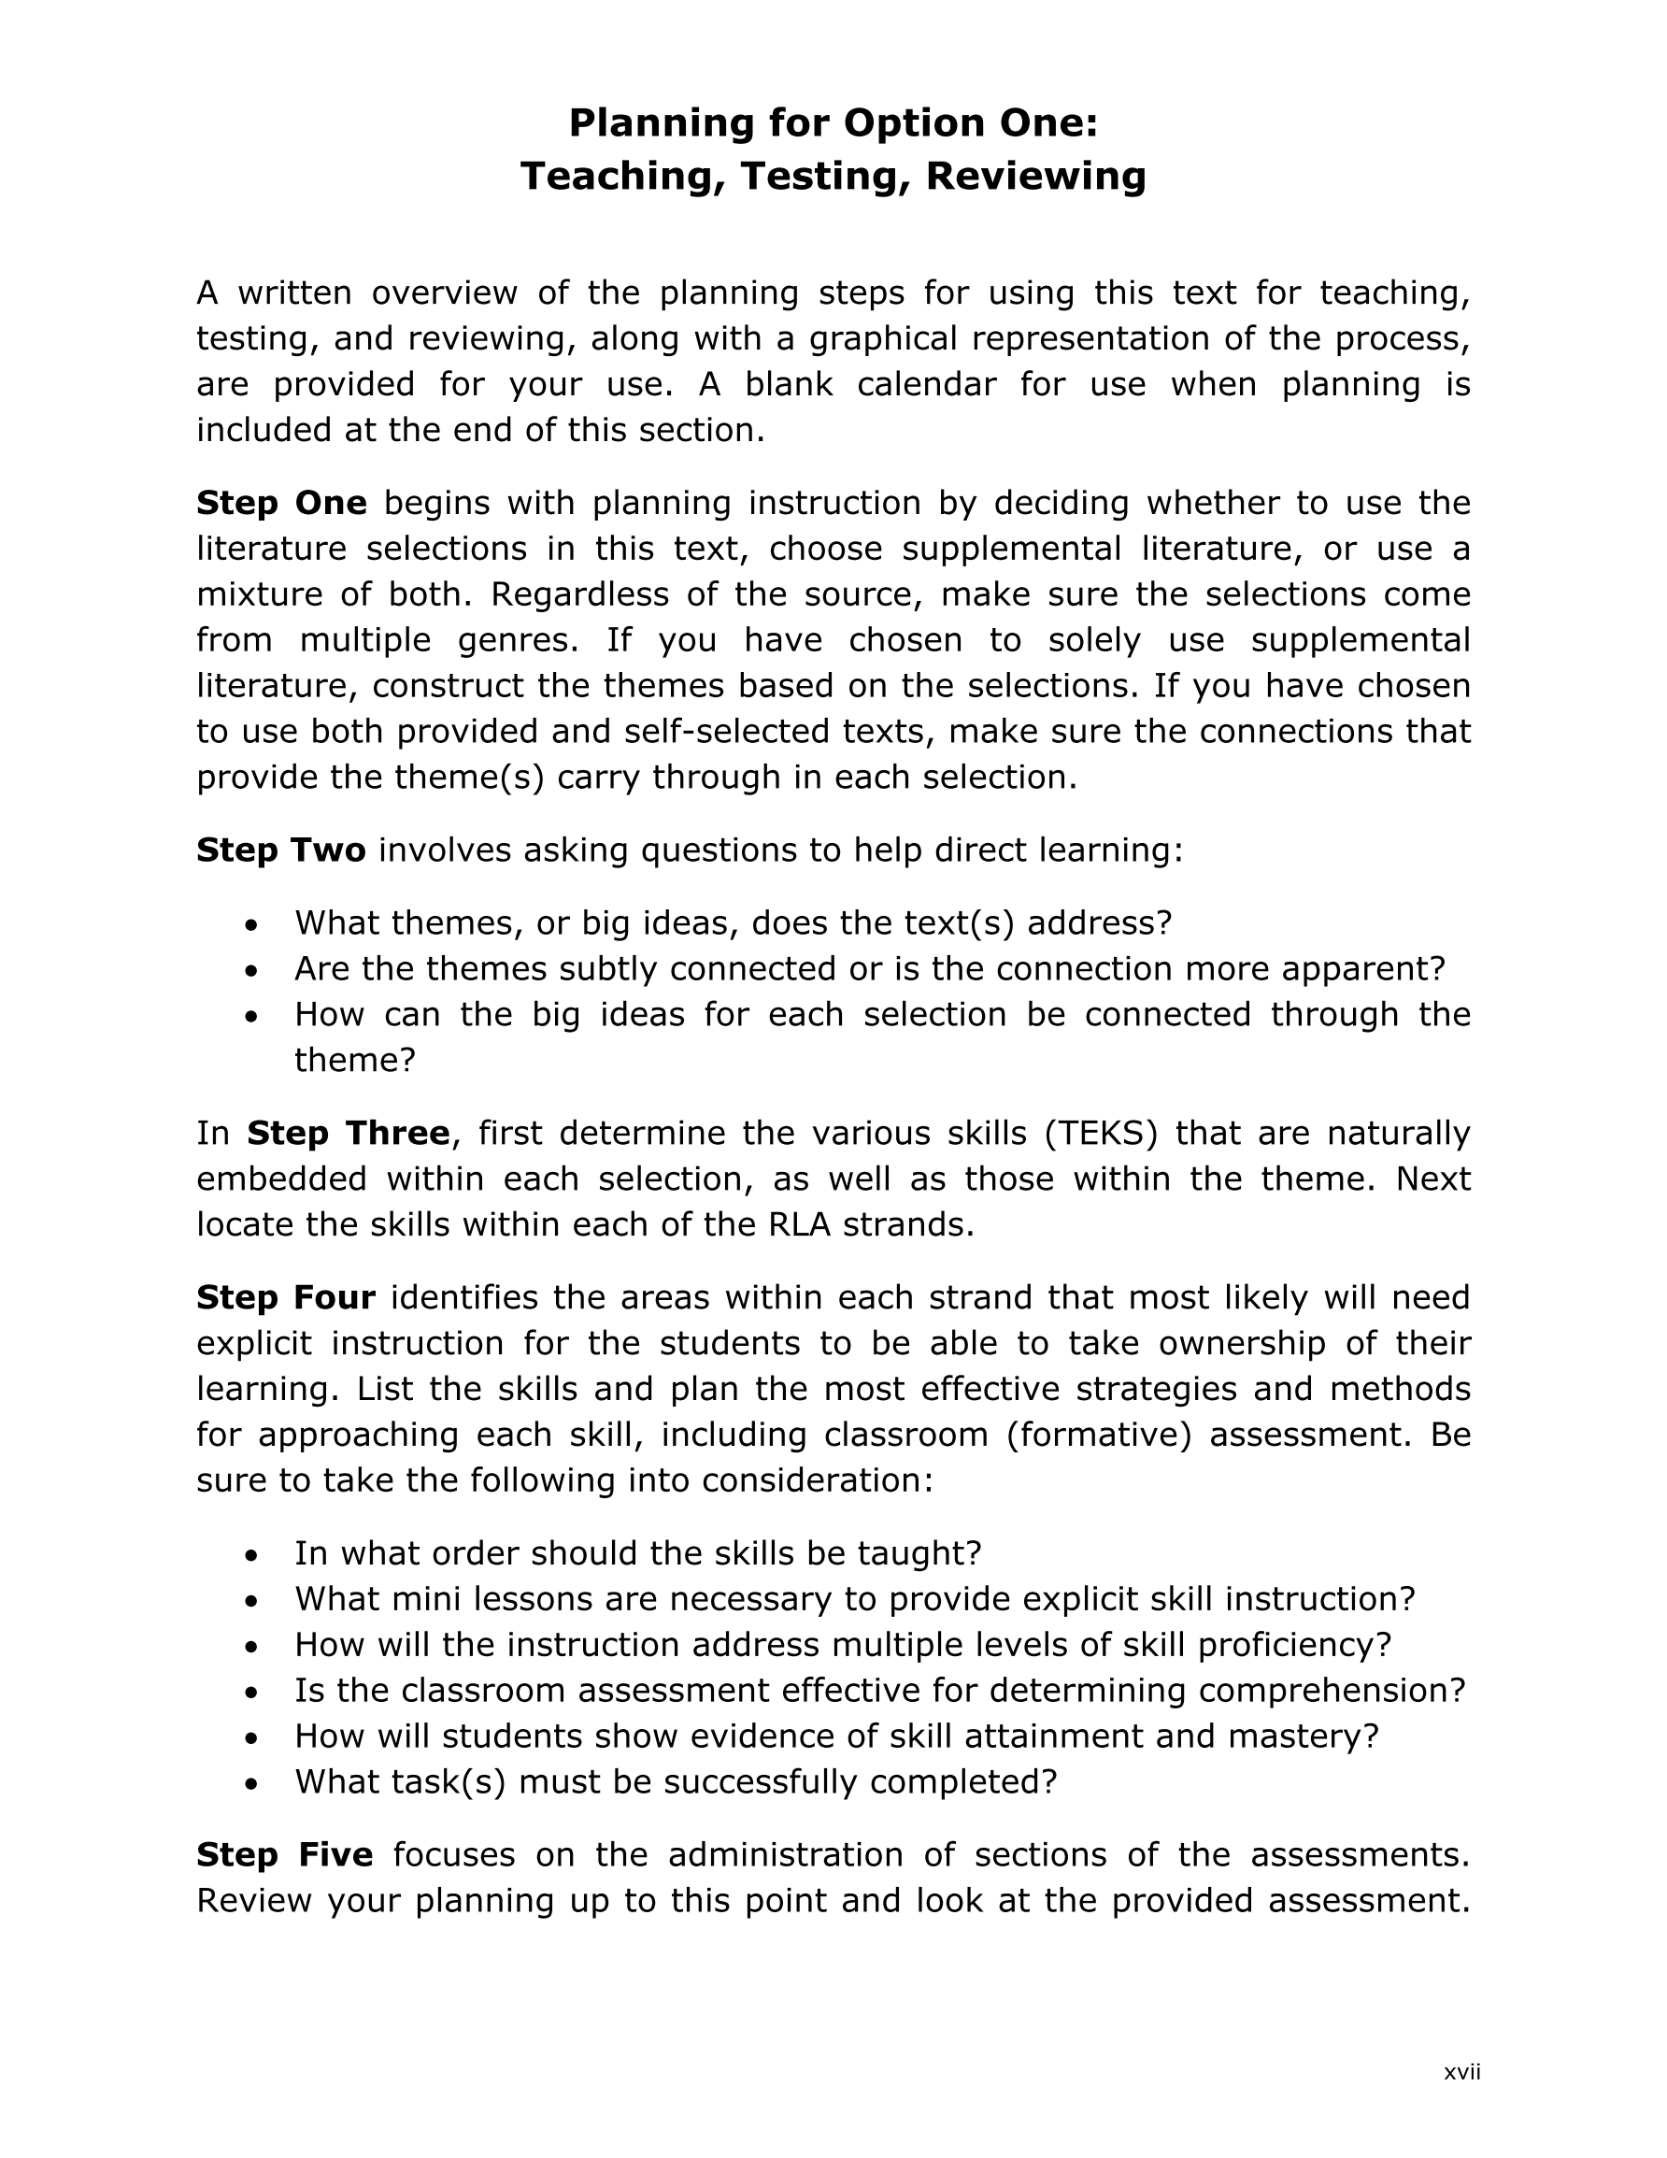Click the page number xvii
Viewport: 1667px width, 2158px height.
point(1461,2073)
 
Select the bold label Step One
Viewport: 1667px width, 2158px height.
point(281,503)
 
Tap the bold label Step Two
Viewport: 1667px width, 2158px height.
point(280,850)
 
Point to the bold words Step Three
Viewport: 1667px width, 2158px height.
point(348,1133)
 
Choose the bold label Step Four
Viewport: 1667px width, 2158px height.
point(286,1297)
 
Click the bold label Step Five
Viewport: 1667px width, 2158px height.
point(285,1854)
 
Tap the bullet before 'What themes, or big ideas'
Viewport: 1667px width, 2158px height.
point(252,925)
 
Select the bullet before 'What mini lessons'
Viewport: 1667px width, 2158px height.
point(252,1601)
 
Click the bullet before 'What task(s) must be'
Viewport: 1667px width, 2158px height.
point(252,1783)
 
